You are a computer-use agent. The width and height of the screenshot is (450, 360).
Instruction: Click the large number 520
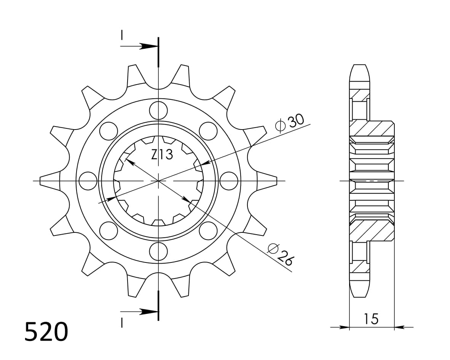[46, 331]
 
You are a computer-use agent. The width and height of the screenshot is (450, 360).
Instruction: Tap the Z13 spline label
[162, 154]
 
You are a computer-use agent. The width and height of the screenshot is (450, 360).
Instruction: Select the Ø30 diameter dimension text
[290, 122]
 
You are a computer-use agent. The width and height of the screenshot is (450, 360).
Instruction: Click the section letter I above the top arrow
[121, 35]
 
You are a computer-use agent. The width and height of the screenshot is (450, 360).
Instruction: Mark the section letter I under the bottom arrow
[121, 323]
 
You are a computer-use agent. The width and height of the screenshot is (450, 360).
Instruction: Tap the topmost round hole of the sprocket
[158, 110]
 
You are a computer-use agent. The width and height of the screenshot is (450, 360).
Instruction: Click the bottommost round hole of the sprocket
[158, 251]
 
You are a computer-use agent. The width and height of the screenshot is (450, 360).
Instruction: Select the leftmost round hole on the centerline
[88, 181]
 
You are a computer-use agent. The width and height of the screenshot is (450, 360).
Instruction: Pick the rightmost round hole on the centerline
[229, 181]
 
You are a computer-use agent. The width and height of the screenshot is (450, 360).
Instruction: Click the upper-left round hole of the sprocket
[109, 131]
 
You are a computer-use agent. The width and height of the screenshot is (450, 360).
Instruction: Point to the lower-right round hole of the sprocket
[208, 230]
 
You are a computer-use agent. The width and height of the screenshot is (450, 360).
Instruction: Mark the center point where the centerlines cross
[158, 181]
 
